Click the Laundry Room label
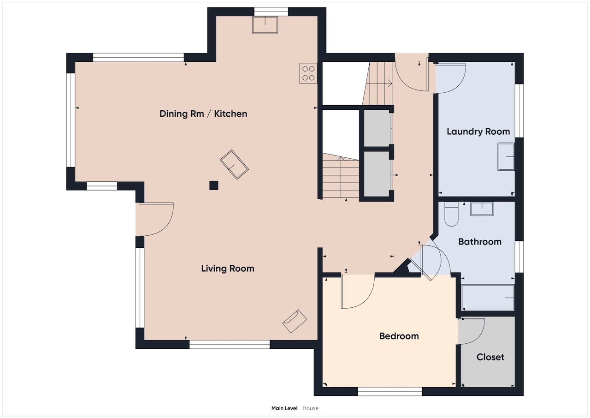[478, 131]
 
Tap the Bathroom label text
[480, 242]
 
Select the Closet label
[490, 357]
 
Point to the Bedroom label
[399, 336]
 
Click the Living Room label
[228, 269]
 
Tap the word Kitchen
[230, 113]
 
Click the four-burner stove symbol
[308, 73]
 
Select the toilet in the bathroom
[451, 214]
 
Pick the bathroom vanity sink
[482, 209]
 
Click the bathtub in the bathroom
[488, 298]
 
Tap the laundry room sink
[506, 157]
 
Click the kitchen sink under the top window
[265, 25]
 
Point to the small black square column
[213, 185]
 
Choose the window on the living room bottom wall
[230, 345]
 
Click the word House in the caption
[310, 408]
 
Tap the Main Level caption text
[284, 408]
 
